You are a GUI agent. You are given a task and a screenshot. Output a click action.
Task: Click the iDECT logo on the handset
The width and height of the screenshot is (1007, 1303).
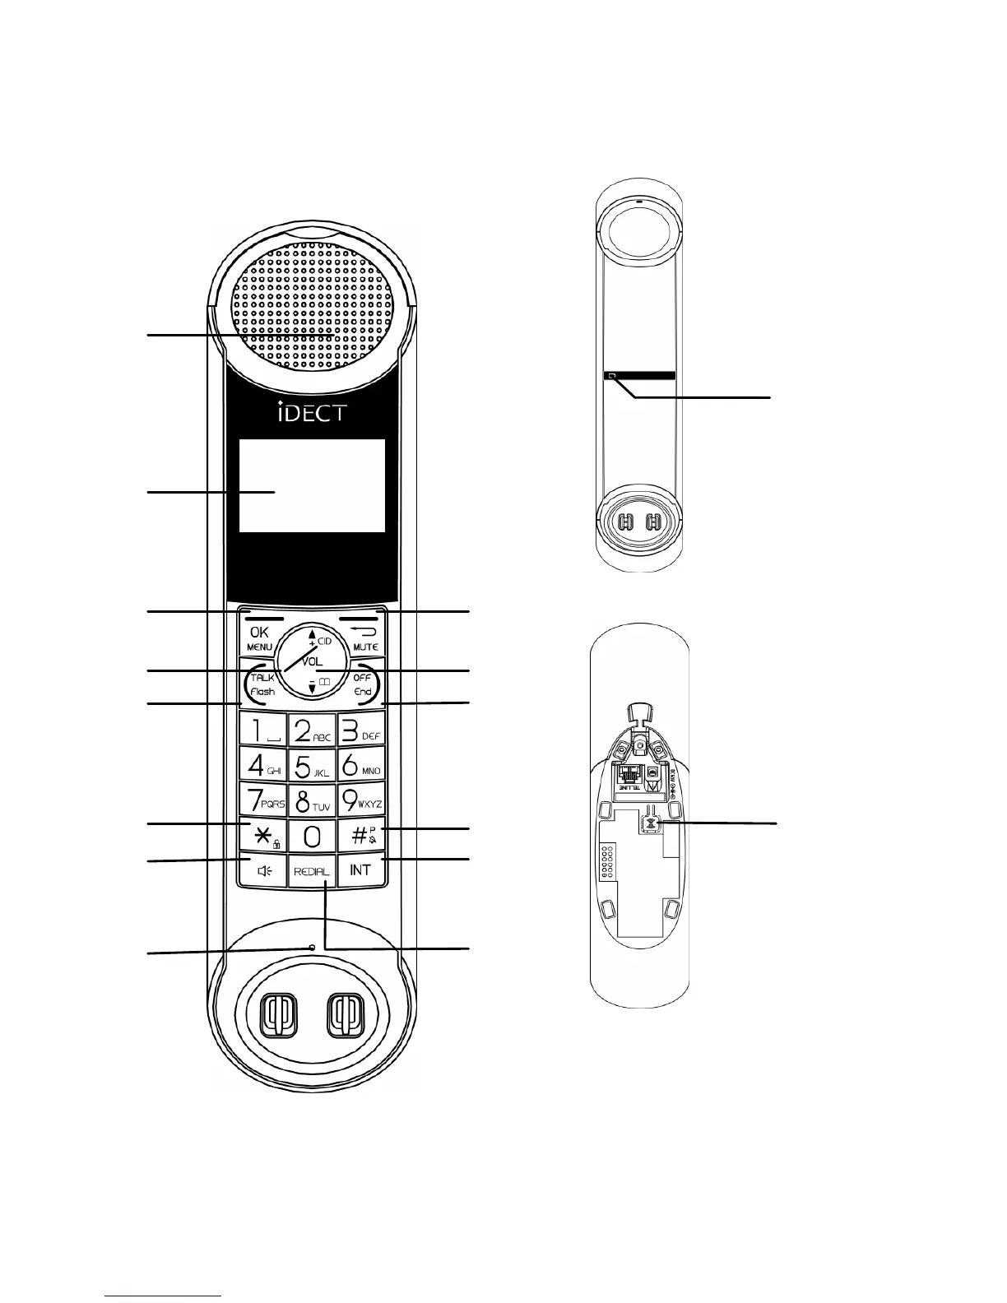point(311,411)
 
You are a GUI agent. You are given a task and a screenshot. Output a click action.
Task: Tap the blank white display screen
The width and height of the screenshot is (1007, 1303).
point(312,485)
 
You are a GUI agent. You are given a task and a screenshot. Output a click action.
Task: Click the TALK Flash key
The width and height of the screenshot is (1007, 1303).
point(262,684)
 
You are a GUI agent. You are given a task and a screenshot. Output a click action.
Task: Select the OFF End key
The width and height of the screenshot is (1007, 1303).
point(362,684)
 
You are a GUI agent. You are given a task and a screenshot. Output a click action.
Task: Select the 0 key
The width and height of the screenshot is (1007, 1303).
point(312,837)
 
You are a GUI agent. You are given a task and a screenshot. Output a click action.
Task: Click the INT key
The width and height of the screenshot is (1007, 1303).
point(360,870)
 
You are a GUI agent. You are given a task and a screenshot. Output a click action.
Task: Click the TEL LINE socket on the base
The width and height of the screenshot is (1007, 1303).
point(631,775)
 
